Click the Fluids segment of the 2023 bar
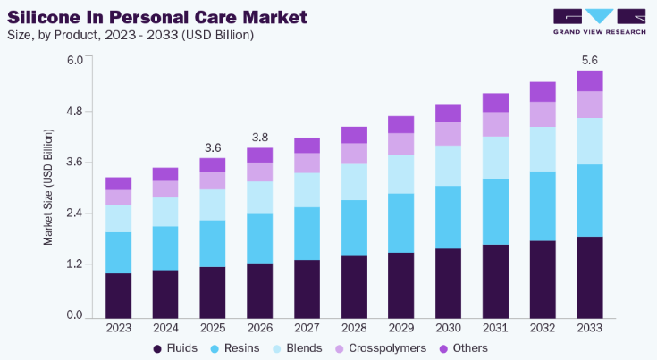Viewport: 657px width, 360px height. (118, 296)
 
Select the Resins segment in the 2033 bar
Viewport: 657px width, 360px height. (590, 200)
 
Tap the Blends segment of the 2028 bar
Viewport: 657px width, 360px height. (354, 181)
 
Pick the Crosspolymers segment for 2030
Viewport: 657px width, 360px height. (449, 134)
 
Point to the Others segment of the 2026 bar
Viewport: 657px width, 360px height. (260, 155)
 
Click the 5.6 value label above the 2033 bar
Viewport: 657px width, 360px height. (590, 60)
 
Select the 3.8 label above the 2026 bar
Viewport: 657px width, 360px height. (260, 138)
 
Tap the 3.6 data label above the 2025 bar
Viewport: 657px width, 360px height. (213, 147)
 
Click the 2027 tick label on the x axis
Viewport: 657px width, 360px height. (307, 328)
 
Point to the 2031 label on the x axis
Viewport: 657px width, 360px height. (495, 328)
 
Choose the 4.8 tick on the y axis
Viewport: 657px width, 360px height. (74, 112)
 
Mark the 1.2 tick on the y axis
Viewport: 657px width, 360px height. (74, 264)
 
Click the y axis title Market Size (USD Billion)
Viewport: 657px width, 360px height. (48, 187)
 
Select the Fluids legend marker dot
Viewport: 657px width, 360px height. (157, 348)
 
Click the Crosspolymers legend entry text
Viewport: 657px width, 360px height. (387, 348)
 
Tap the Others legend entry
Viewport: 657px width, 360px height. (464, 348)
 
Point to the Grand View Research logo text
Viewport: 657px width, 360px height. (600, 32)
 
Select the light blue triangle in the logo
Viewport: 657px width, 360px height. (600, 15)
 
